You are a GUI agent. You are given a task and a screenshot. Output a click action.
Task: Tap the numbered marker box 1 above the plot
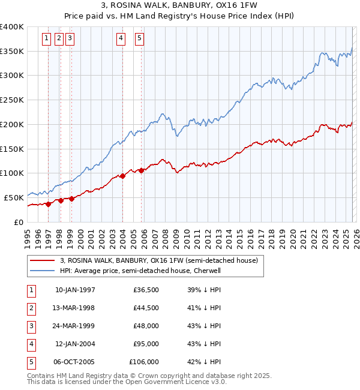tap(47, 39)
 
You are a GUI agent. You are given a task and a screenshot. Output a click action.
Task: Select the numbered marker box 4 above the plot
tap(121, 39)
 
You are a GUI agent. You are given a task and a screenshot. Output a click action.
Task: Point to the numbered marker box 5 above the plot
tap(139, 39)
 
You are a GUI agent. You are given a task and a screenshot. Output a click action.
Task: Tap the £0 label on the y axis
tap(19, 222)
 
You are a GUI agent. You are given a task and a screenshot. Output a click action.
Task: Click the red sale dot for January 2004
tap(122, 176)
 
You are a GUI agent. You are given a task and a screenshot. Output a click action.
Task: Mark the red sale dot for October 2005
tap(141, 170)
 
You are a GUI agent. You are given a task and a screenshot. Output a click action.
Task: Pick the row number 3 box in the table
tap(30, 326)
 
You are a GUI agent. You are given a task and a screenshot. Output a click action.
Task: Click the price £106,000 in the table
tap(144, 362)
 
